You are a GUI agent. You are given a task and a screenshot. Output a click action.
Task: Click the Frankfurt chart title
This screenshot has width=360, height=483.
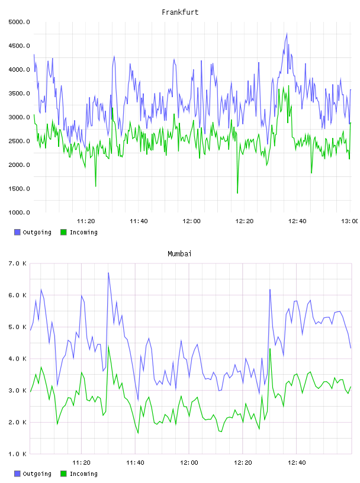[180, 12]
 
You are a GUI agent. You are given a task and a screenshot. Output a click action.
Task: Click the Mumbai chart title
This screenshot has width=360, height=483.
[179, 254]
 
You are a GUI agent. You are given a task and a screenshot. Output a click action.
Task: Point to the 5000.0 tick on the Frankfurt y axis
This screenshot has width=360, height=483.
[19, 22]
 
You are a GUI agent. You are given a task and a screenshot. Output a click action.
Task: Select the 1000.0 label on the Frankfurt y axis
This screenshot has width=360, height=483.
[19, 212]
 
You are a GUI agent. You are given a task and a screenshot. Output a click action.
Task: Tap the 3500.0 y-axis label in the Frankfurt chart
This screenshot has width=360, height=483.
[19, 94]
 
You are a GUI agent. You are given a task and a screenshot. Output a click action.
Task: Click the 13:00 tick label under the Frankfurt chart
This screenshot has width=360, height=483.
[349, 221]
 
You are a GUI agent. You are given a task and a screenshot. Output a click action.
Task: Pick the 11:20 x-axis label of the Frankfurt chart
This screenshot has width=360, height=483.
[86, 221]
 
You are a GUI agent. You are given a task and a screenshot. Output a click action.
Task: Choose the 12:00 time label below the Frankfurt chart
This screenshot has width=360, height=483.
[191, 221]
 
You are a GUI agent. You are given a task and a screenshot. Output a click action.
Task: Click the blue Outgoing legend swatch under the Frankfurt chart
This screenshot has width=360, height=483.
[17, 232]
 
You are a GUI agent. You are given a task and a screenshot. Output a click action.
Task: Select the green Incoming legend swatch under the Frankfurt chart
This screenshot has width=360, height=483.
[63, 232]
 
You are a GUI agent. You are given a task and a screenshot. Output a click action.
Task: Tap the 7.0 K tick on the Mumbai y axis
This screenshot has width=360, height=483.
[17, 263]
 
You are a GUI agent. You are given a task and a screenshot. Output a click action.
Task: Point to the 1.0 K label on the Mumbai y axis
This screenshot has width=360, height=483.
[17, 454]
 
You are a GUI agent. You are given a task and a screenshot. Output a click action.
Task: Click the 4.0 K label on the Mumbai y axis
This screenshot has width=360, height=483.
[17, 359]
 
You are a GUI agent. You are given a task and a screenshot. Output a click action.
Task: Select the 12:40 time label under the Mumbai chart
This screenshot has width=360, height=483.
[297, 463]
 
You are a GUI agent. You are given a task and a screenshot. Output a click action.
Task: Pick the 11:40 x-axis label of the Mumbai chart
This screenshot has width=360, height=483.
[135, 463]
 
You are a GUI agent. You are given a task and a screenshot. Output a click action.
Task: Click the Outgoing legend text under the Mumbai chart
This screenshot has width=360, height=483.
[37, 474]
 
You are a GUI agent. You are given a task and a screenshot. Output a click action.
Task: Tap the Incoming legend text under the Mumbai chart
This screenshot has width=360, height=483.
[83, 474]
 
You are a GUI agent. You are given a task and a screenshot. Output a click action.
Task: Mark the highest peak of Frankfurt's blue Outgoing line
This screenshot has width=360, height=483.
[287, 34]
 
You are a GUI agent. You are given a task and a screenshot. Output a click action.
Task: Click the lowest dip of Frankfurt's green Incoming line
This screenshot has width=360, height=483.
[237, 193]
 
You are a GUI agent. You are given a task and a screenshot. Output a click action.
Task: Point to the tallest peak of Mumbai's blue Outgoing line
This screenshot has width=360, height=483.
[108, 273]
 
